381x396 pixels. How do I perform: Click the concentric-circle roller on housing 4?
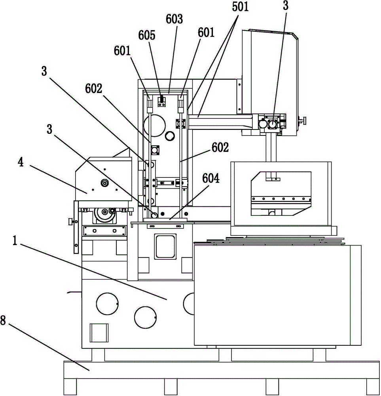click(x=105, y=183)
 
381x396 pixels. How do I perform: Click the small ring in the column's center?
click(x=170, y=137)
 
